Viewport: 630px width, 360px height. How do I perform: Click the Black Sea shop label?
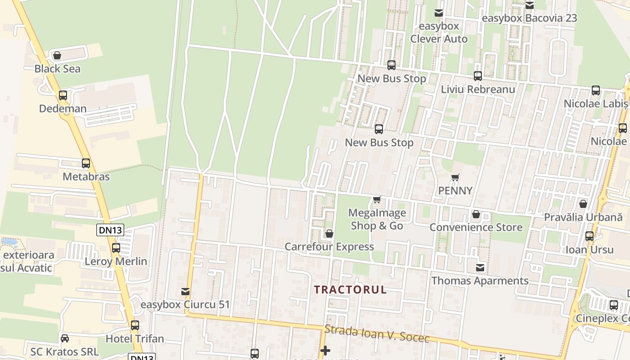click(58, 69)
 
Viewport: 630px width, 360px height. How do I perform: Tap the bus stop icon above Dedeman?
click(63, 95)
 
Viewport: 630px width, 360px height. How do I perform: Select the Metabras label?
click(86, 176)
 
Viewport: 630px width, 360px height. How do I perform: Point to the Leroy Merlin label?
click(116, 261)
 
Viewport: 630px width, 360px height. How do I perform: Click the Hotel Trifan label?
click(135, 338)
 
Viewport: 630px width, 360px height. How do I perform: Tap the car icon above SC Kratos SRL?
click(65, 338)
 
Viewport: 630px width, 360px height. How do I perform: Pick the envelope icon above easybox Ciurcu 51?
click(185, 292)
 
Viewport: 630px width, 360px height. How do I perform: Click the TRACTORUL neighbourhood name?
click(350, 289)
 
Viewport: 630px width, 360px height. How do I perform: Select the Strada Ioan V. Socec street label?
click(377, 333)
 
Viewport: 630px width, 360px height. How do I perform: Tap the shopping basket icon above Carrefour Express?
click(329, 234)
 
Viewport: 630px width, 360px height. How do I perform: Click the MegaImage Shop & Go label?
click(377, 219)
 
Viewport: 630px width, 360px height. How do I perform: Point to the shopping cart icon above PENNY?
click(455, 178)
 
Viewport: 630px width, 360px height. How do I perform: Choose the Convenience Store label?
click(476, 227)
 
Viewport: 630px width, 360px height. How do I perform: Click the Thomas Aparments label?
click(480, 281)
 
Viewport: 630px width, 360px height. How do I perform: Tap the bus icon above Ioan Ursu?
click(589, 236)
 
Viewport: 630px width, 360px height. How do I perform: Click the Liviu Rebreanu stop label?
click(478, 89)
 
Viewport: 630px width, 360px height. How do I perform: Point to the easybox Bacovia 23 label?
click(529, 18)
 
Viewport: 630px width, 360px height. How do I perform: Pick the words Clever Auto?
click(439, 39)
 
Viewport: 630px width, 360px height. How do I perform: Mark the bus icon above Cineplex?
click(614, 305)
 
